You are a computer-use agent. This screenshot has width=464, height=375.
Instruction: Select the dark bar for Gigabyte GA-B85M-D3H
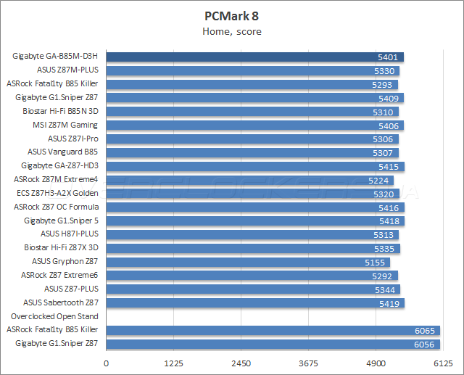coord(254,57)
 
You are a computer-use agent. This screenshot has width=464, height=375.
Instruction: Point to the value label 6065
coord(426,330)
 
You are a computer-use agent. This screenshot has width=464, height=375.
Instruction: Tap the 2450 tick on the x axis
coord(241,363)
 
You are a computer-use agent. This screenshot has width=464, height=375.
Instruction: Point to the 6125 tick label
coord(444,363)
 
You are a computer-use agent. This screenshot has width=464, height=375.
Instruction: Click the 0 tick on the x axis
coord(107,363)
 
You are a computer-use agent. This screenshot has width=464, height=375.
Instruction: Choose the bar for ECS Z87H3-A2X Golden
coord(250,194)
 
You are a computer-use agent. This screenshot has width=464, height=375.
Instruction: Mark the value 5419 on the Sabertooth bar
coord(389,303)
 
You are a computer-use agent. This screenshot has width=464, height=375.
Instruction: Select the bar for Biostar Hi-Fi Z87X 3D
coord(250,248)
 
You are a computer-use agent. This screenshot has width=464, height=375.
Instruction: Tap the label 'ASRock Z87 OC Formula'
coord(55,207)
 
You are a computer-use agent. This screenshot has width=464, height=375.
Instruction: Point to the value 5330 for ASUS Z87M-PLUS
coord(385,70)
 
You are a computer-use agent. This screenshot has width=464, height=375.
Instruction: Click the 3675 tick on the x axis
coord(309,363)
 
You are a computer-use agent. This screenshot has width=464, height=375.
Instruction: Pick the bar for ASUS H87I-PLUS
coord(250,234)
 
